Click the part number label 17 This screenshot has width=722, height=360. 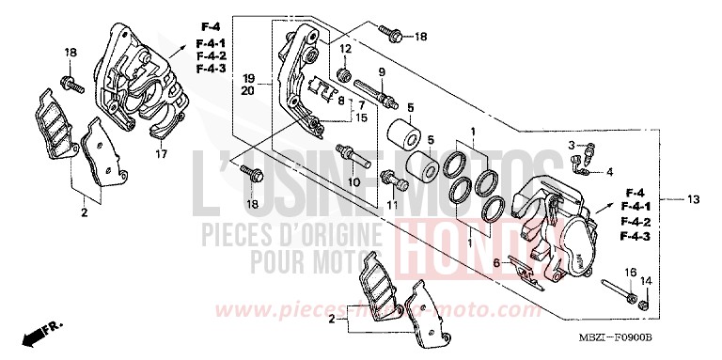[161, 154]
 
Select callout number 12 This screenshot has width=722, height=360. [345, 49]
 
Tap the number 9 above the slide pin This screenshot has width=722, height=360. [383, 71]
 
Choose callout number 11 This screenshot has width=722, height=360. [392, 203]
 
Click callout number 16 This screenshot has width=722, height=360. [625, 272]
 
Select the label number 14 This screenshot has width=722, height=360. [644, 281]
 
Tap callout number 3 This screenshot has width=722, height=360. [570, 143]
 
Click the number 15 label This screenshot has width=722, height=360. [362, 118]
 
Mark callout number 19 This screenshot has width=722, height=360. [248, 77]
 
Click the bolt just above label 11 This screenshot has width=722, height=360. [389, 176]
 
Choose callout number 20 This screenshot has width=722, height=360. [248, 91]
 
